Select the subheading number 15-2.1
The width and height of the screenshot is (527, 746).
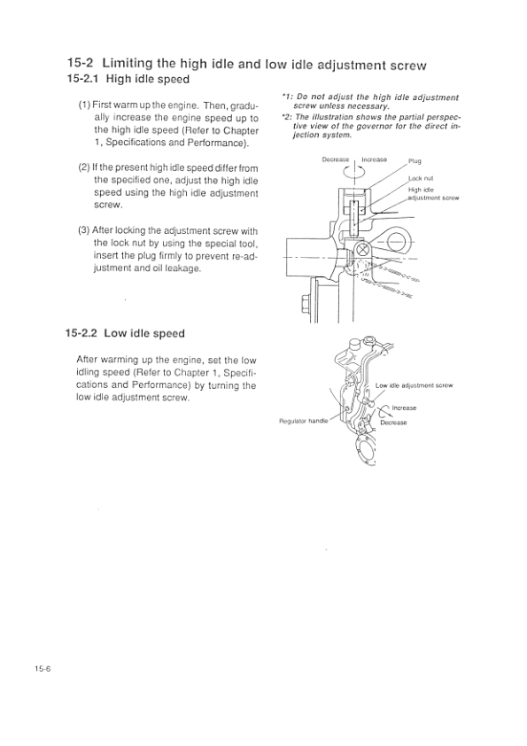coord(82,79)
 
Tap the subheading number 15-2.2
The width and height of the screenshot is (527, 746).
coord(81,333)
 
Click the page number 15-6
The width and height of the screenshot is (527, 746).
coord(42,668)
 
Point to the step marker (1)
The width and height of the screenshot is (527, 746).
coord(84,105)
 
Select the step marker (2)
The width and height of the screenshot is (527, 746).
coord(84,167)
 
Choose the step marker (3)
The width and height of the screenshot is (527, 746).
coord(84,230)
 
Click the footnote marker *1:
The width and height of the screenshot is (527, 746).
coord(286,97)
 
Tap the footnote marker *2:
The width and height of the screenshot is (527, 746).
coord(286,117)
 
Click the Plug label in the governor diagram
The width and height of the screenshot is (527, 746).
coord(415,161)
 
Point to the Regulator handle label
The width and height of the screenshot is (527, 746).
coord(304,421)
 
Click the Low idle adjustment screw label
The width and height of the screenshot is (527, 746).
coord(414,385)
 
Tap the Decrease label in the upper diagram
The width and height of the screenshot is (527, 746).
coord(336,159)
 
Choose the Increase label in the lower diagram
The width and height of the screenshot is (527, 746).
coord(404,408)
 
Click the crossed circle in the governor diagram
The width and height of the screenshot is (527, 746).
coord(362,249)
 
